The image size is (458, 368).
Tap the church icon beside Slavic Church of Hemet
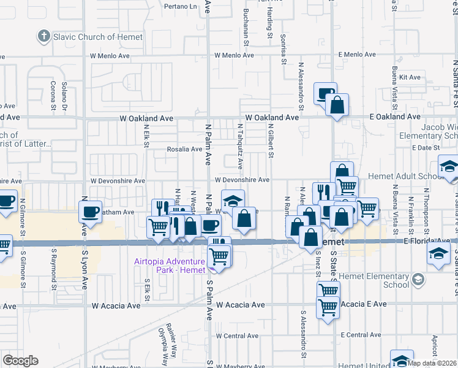(x=43, y=37)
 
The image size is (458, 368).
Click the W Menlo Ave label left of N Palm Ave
(x=110, y=56)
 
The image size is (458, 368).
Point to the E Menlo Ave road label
(x=357, y=55)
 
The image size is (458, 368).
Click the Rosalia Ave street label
(x=184, y=149)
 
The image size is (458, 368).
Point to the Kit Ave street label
(x=410, y=77)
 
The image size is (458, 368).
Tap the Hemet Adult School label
(x=400, y=176)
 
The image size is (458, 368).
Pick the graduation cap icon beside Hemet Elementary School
(x=418, y=280)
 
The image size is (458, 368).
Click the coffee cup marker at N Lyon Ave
(x=91, y=212)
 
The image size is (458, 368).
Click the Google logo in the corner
(x=20, y=361)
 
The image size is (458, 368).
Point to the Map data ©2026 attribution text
(x=432, y=363)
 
